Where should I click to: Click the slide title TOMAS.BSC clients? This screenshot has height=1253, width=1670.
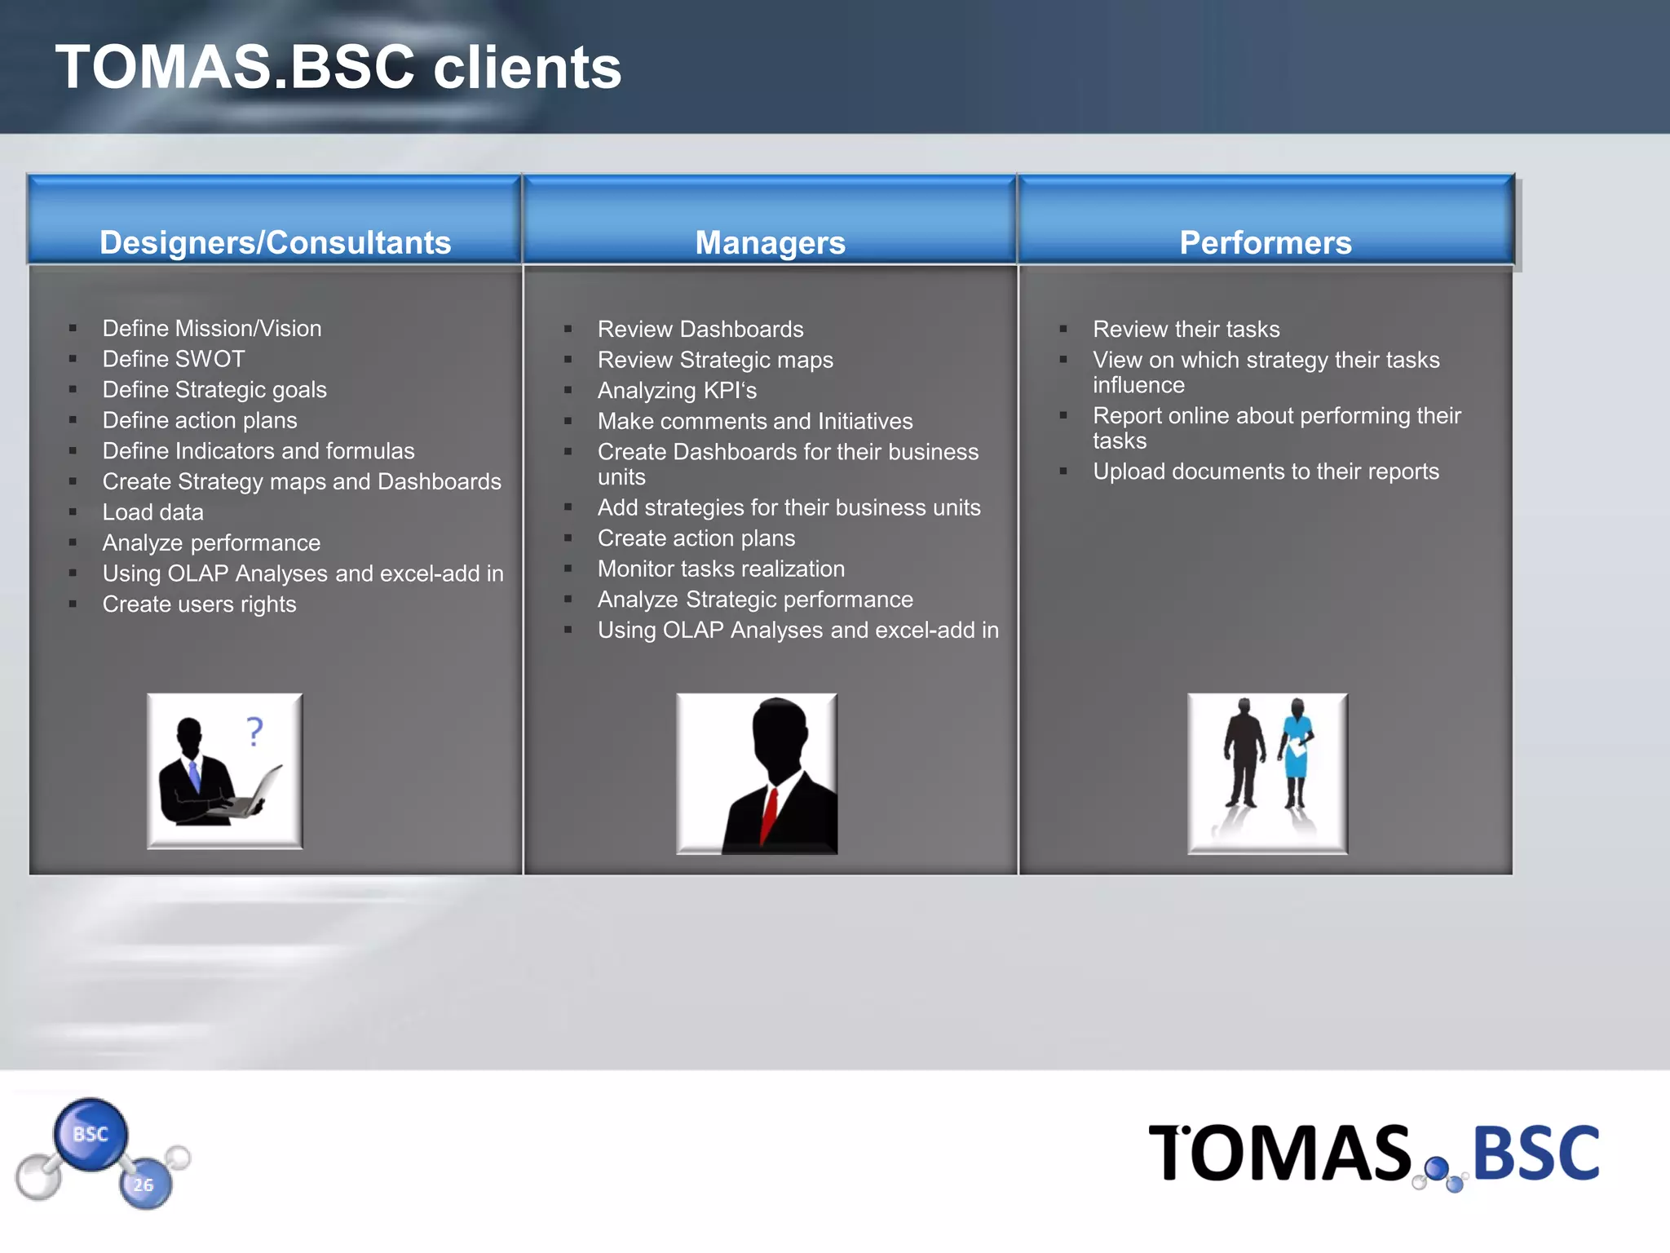(338, 67)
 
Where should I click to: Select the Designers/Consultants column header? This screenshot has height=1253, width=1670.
(275, 242)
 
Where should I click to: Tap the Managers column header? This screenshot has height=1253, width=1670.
(770, 242)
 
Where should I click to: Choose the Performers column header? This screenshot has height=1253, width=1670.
(1265, 242)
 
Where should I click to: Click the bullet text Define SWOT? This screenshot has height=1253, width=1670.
(173, 359)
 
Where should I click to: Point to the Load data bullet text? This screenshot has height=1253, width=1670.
(152, 512)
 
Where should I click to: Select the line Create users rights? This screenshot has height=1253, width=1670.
(199, 604)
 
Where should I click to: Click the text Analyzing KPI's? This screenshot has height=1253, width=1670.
(677, 391)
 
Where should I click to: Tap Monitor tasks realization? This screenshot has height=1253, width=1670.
(721, 569)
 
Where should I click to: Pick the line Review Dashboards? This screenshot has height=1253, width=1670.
(700, 330)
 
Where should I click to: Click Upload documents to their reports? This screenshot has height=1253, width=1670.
(1266, 472)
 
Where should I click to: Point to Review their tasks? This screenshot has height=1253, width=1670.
(1186, 330)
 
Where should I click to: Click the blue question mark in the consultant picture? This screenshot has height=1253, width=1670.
(255, 731)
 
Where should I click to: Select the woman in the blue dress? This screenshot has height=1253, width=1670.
(1296, 750)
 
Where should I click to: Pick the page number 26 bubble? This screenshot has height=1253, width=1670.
(144, 1184)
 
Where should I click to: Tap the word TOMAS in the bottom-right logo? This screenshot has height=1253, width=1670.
(1279, 1153)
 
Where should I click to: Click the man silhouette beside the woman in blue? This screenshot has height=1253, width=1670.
(1243, 750)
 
